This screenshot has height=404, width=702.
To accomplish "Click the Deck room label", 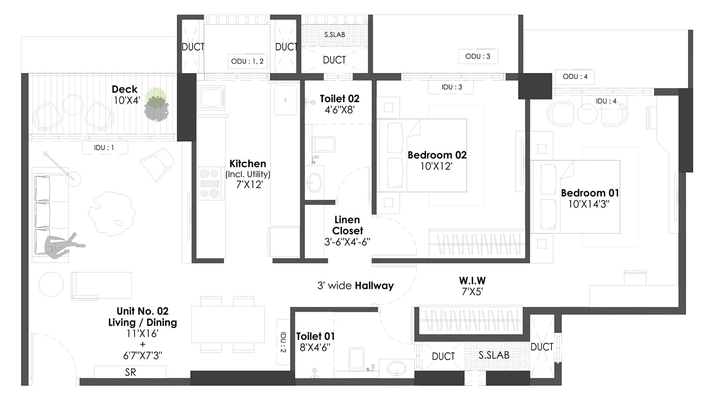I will (125, 90).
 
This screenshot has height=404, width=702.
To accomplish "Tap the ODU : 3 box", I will (478, 56).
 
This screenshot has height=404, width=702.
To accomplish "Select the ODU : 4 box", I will (575, 76).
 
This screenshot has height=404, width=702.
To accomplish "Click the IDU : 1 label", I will (104, 148).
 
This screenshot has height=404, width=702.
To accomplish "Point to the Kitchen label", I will (248, 164).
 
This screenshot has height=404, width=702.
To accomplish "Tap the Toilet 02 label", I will (339, 99).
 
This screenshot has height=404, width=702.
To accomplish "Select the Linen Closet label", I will (347, 225).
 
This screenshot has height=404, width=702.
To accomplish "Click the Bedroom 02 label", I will (437, 155).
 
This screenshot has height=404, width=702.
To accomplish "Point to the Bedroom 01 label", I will (590, 193).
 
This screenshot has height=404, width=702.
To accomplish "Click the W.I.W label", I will (472, 281).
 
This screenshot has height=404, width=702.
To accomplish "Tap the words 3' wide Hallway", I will (355, 286).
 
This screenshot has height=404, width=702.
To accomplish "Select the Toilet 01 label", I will (315, 336).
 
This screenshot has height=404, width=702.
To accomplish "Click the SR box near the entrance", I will (130, 372).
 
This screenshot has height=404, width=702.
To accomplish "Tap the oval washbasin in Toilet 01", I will (396, 368).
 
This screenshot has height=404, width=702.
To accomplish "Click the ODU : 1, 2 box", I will (247, 61).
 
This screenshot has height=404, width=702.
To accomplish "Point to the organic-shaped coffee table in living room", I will (111, 213).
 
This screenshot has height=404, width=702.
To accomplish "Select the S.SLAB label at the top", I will (335, 35).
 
